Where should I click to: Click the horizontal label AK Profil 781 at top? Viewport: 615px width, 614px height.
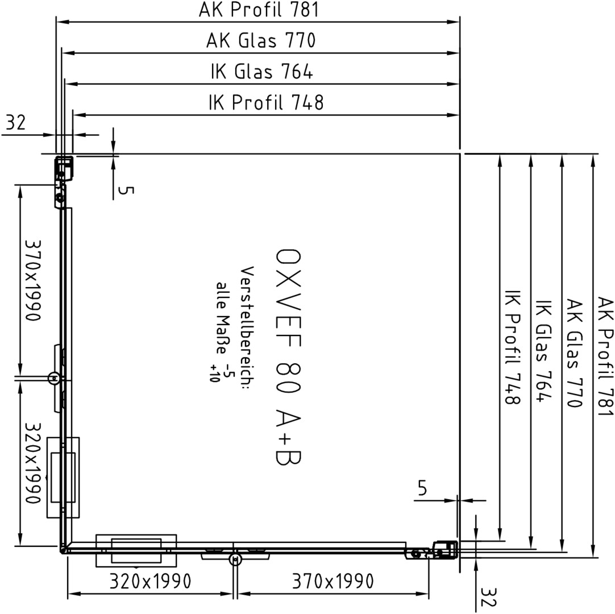click(x=259, y=10)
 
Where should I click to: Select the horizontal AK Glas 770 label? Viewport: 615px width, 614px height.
click(x=261, y=40)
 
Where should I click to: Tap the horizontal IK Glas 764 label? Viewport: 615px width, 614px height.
click(x=261, y=72)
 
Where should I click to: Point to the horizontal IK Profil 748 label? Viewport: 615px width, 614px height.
click(x=266, y=102)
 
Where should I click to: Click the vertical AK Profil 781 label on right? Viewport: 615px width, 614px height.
click(x=604, y=356)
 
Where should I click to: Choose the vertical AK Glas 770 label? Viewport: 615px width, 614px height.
click(x=574, y=353)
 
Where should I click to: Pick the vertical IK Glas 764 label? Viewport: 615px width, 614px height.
click(x=543, y=351)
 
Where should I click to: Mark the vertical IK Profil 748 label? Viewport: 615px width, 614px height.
click(x=512, y=347)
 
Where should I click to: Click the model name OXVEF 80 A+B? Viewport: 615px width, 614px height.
click(x=288, y=358)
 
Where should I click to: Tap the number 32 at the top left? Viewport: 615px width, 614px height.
click(x=16, y=122)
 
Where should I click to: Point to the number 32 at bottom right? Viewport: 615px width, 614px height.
click(x=488, y=597)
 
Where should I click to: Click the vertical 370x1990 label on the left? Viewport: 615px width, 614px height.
click(x=33, y=280)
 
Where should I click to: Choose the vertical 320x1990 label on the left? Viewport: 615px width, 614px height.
click(x=33, y=463)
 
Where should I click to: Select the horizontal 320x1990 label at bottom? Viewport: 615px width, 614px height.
click(x=150, y=581)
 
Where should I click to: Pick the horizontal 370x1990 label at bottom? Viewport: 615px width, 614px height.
click(x=333, y=581)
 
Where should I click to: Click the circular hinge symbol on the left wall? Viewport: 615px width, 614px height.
click(x=54, y=378)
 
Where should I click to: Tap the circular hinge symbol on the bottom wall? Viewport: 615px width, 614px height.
click(x=235, y=559)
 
